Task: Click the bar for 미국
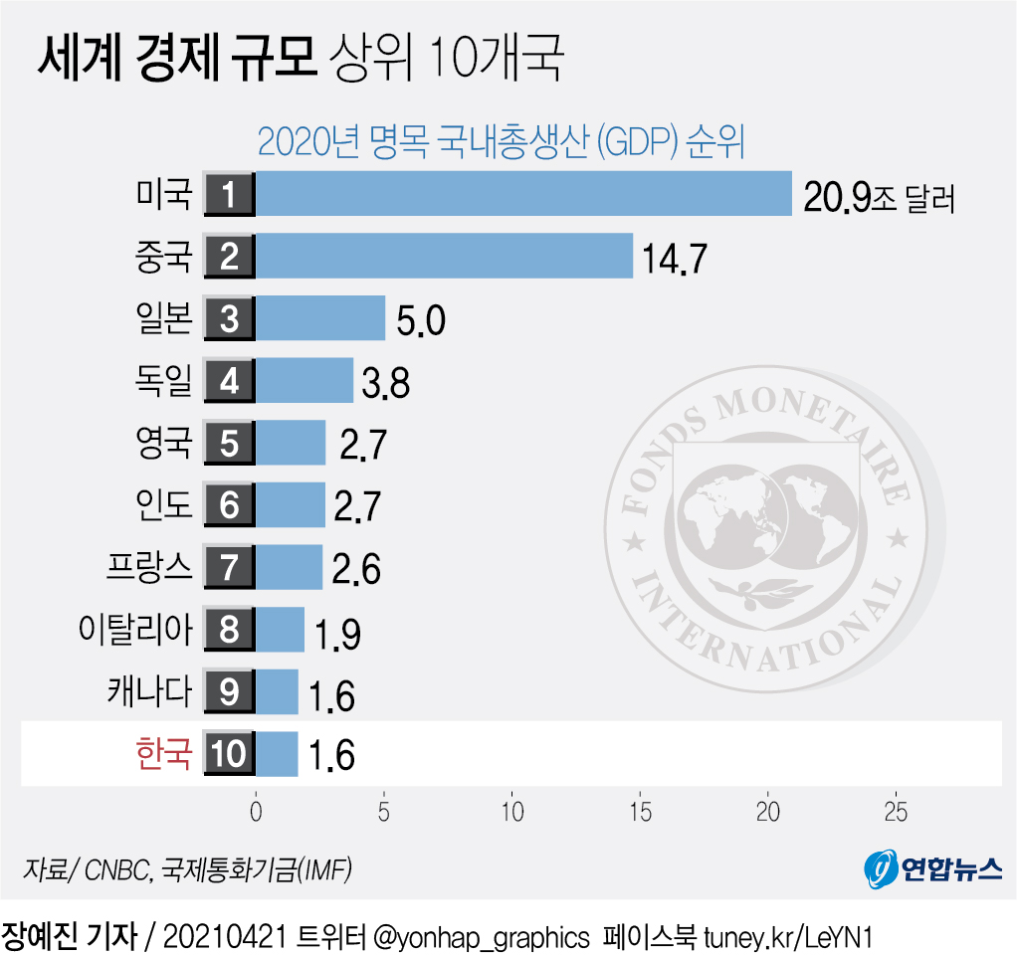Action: click(523, 194)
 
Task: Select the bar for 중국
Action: click(444, 256)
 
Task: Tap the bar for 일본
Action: click(320, 318)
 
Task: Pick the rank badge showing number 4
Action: click(230, 380)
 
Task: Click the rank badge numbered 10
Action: click(230, 753)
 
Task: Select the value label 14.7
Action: click(675, 260)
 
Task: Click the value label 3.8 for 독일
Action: click(385, 384)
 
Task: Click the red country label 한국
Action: click(162, 752)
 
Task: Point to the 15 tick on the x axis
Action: click(640, 812)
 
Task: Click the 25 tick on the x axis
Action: click(896, 812)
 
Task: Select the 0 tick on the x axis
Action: click(256, 812)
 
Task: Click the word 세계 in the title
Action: click(79, 61)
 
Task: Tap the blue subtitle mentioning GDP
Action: click(502, 141)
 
